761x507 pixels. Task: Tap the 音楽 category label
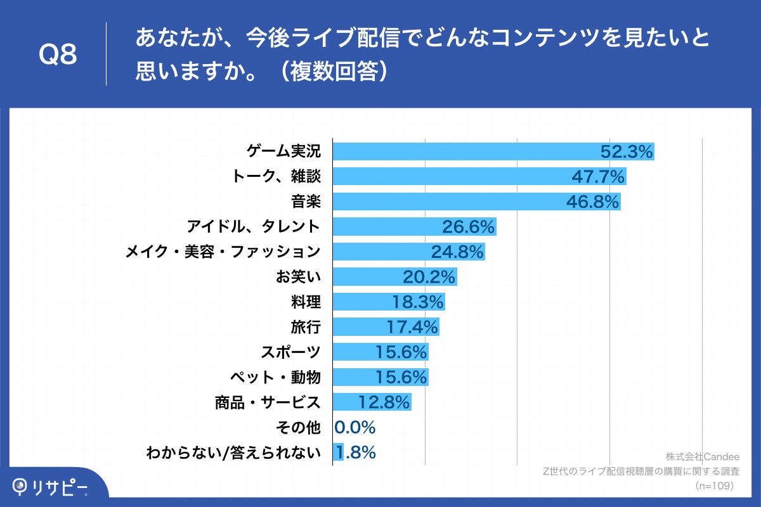(x=306, y=202)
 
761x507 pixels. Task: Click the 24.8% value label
(x=458, y=252)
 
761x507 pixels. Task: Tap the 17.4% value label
(x=412, y=327)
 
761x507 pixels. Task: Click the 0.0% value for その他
(x=355, y=428)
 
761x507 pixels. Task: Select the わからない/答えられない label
(x=233, y=452)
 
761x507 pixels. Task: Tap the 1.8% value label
(x=356, y=452)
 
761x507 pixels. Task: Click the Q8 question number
(x=58, y=55)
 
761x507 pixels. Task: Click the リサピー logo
(x=51, y=487)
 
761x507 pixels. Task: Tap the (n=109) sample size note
(x=715, y=485)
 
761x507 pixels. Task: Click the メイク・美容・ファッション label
(x=223, y=252)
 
